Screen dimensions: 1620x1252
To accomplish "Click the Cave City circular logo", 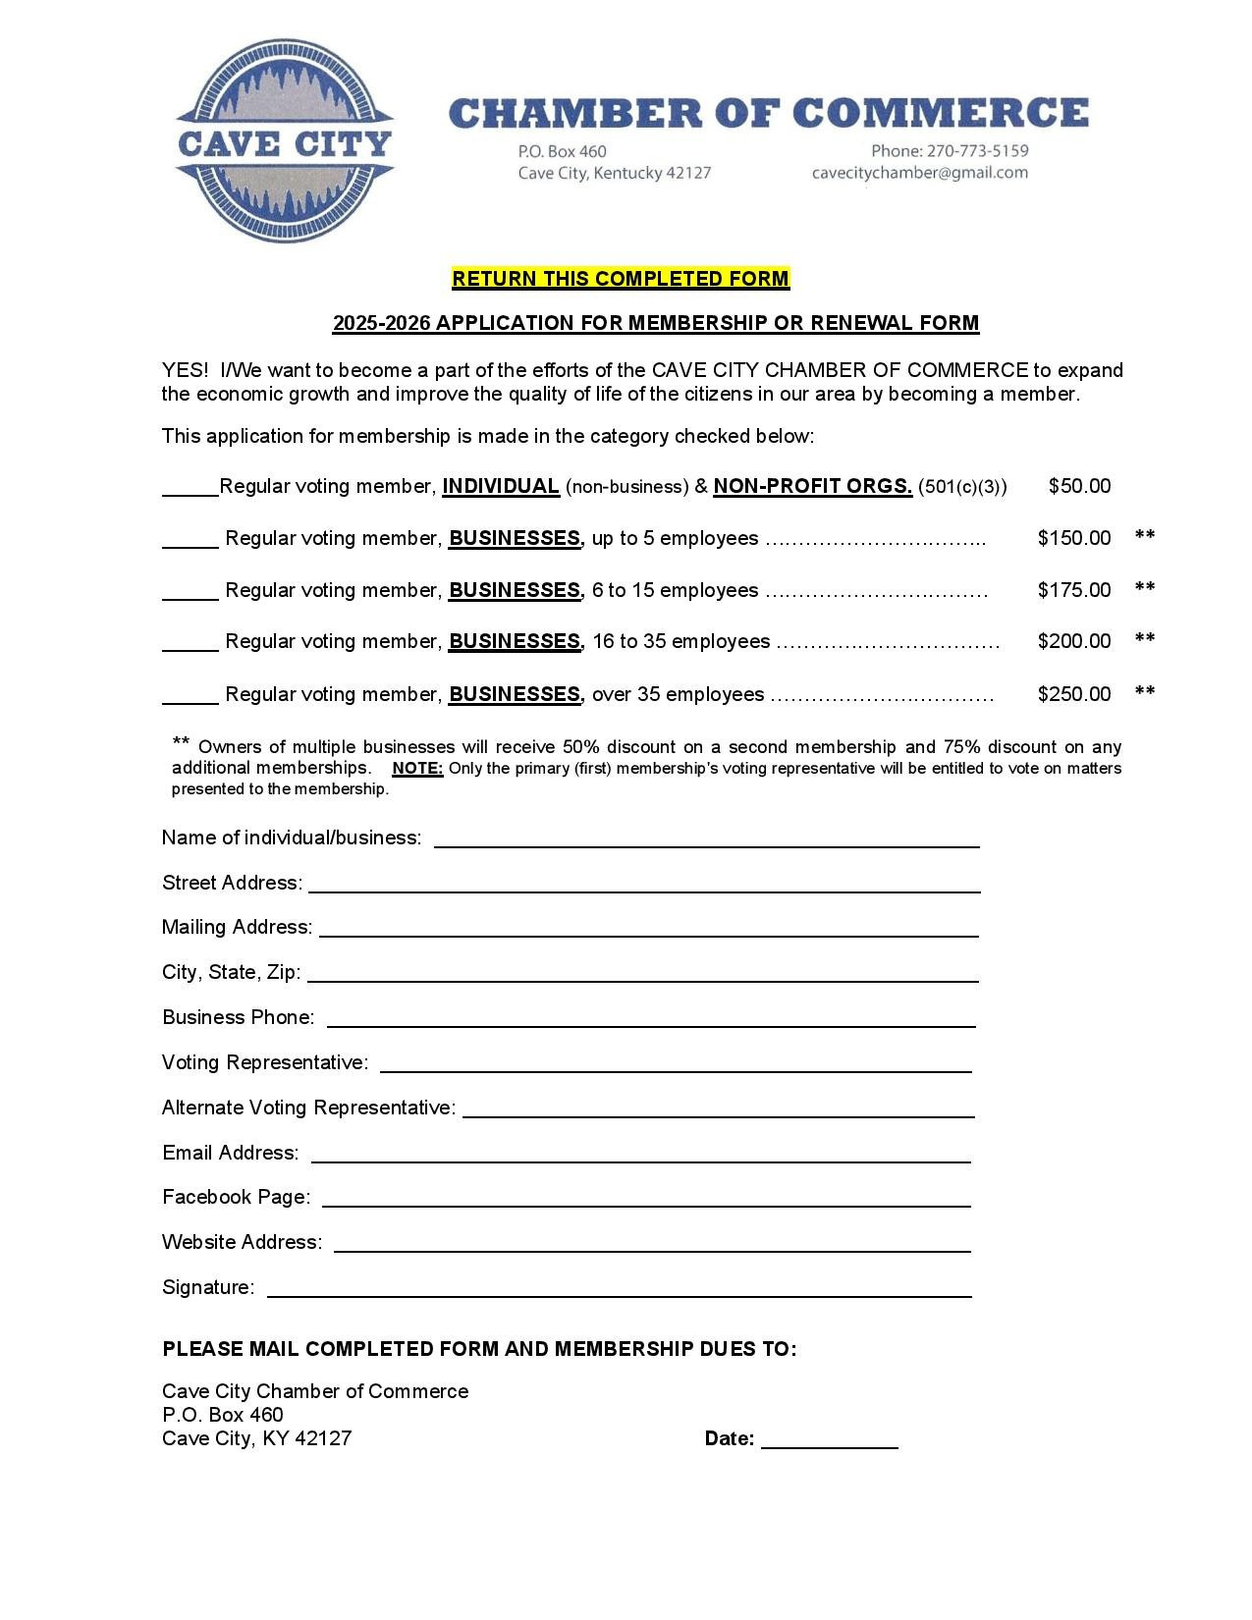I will [285, 142].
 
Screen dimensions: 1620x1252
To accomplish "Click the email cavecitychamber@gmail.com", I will [919, 173].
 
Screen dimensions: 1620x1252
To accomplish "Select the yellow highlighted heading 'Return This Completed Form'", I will [621, 279].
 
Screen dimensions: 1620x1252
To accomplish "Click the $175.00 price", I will [1073, 590].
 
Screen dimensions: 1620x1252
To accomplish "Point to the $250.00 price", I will [1073, 694].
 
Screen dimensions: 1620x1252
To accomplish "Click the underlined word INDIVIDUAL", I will [501, 486].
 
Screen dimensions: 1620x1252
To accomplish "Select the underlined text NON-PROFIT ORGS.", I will [813, 486].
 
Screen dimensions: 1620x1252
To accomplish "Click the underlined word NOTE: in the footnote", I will [417, 769].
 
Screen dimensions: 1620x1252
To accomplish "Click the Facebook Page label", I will [236, 1197].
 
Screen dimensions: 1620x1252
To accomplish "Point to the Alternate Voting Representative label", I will [308, 1107].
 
